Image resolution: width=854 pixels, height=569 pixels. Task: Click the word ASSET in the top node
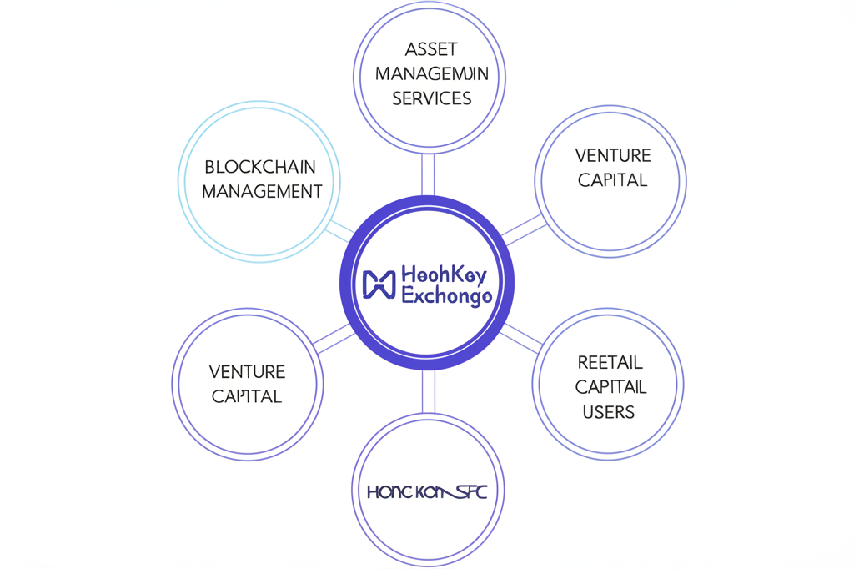tap(431, 49)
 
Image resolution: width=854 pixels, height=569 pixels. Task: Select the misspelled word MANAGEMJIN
tap(431, 74)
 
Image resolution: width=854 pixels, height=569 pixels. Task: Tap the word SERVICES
tap(431, 98)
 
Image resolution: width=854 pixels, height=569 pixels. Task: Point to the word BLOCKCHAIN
tap(260, 167)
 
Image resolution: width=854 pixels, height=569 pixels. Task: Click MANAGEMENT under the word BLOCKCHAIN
tap(262, 192)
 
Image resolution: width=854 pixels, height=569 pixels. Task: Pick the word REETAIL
tap(610, 363)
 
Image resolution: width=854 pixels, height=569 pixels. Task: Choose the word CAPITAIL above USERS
tap(610, 387)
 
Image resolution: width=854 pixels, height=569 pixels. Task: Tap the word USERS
tap(609, 412)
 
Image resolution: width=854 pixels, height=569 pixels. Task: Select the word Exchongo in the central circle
tap(446, 296)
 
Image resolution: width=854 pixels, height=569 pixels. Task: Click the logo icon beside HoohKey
tap(379, 284)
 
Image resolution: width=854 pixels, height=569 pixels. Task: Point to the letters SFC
tap(468, 492)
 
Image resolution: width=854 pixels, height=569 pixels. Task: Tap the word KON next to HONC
tap(433, 492)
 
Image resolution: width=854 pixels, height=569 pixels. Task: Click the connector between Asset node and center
tap(428, 174)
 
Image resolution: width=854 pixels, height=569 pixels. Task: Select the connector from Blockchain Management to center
tap(340, 230)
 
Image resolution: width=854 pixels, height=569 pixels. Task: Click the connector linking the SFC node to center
tap(428, 392)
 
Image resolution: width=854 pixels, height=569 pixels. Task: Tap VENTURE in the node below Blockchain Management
tap(247, 372)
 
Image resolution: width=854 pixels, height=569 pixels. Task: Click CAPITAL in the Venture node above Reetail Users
tap(613, 180)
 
